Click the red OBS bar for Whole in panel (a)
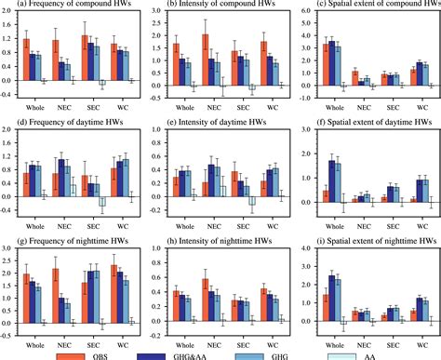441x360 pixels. click(x=27, y=60)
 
